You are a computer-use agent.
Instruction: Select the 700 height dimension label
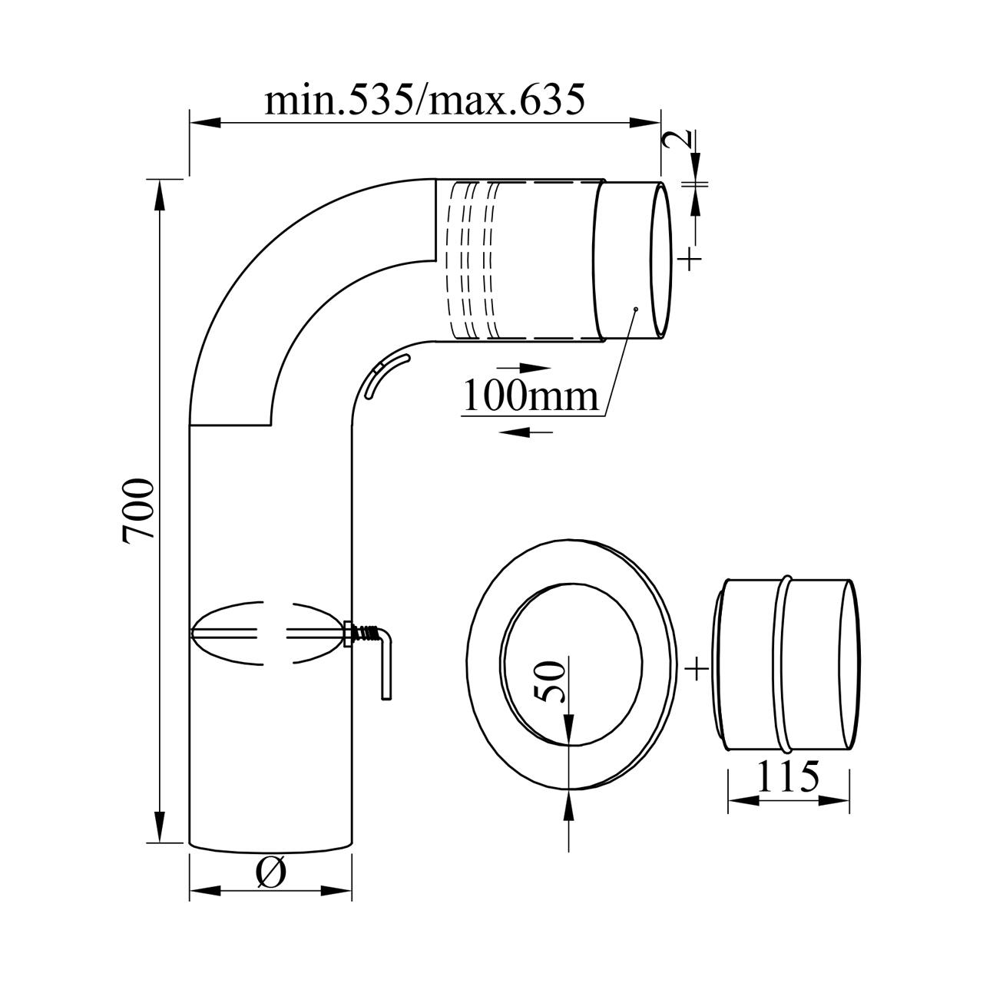pyautogui.click(x=138, y=511)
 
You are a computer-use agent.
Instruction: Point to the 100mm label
pyautogui.click(x=530, y=396)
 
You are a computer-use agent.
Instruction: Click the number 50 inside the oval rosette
pyautogui.click(x=549, y=681)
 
